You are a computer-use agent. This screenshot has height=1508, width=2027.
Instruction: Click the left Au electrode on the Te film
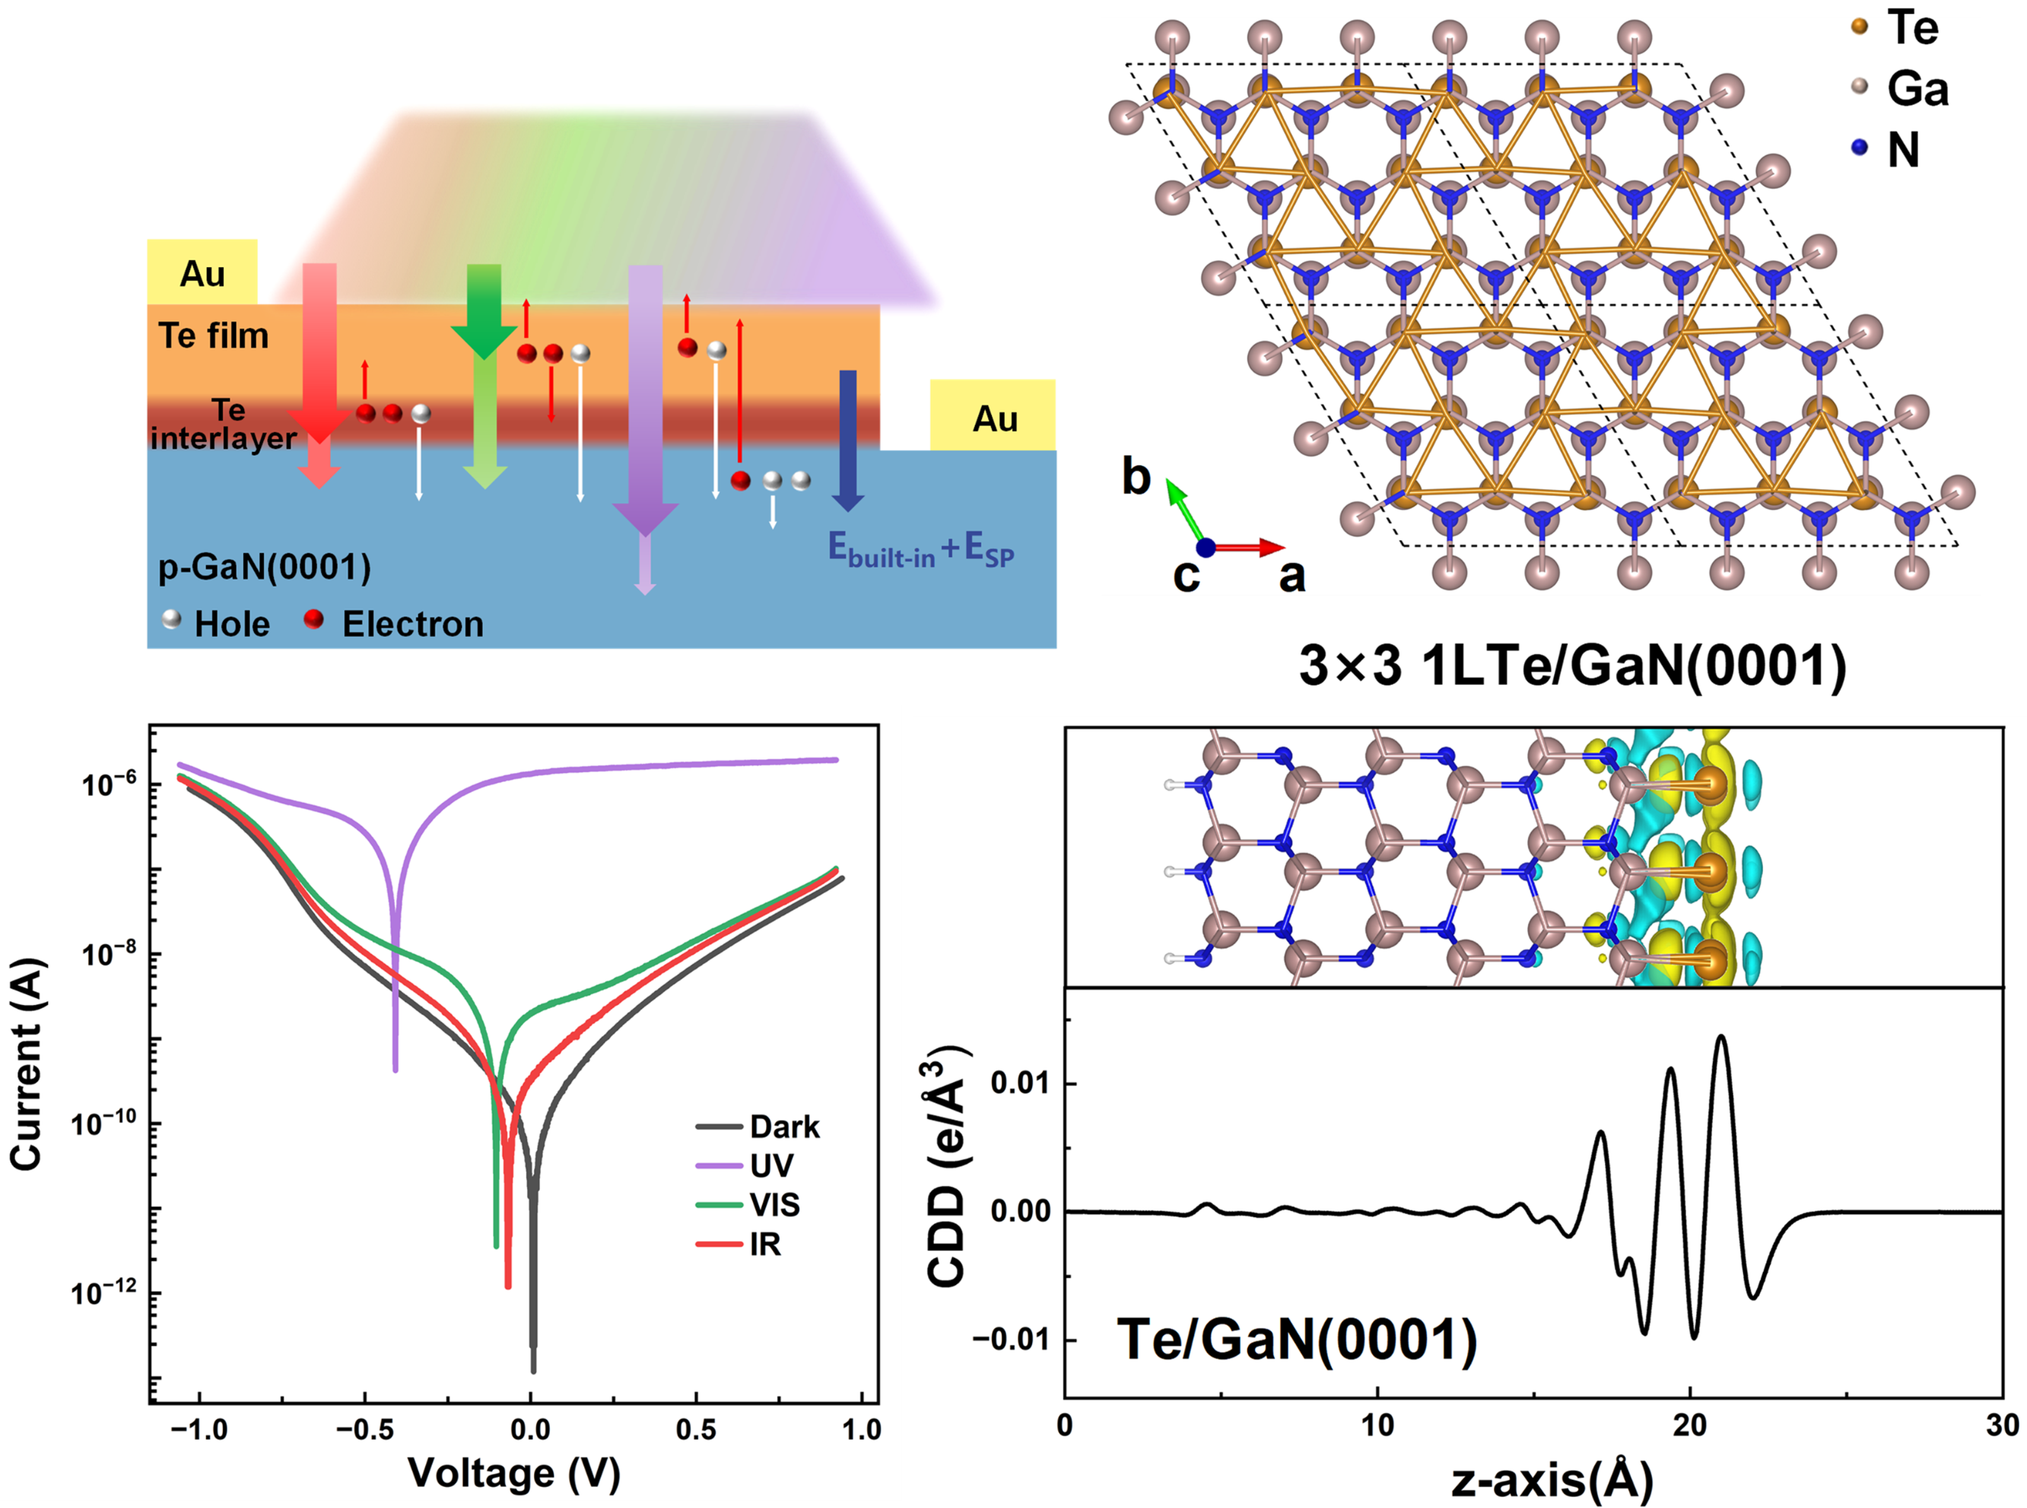202,272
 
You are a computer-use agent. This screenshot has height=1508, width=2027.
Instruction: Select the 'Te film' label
214,336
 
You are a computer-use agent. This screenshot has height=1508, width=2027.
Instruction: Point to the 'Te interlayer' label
224,425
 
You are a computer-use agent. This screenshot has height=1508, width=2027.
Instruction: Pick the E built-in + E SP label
920,549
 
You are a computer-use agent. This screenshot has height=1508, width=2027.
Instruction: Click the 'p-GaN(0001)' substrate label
265,568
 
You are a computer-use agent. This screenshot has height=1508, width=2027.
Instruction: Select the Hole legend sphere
170,620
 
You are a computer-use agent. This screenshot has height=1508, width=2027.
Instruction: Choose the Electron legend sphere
314,620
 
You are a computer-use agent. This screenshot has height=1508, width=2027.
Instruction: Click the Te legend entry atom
1860,27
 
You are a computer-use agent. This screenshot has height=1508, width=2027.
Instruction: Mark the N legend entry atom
1860,148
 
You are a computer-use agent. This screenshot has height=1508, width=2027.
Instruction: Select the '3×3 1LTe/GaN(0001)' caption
1571,666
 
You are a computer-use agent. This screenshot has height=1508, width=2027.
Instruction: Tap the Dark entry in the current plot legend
784,1127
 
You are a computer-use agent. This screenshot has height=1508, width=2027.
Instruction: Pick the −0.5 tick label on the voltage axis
364,1430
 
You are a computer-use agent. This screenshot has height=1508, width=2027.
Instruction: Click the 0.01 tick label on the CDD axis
1019,1083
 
